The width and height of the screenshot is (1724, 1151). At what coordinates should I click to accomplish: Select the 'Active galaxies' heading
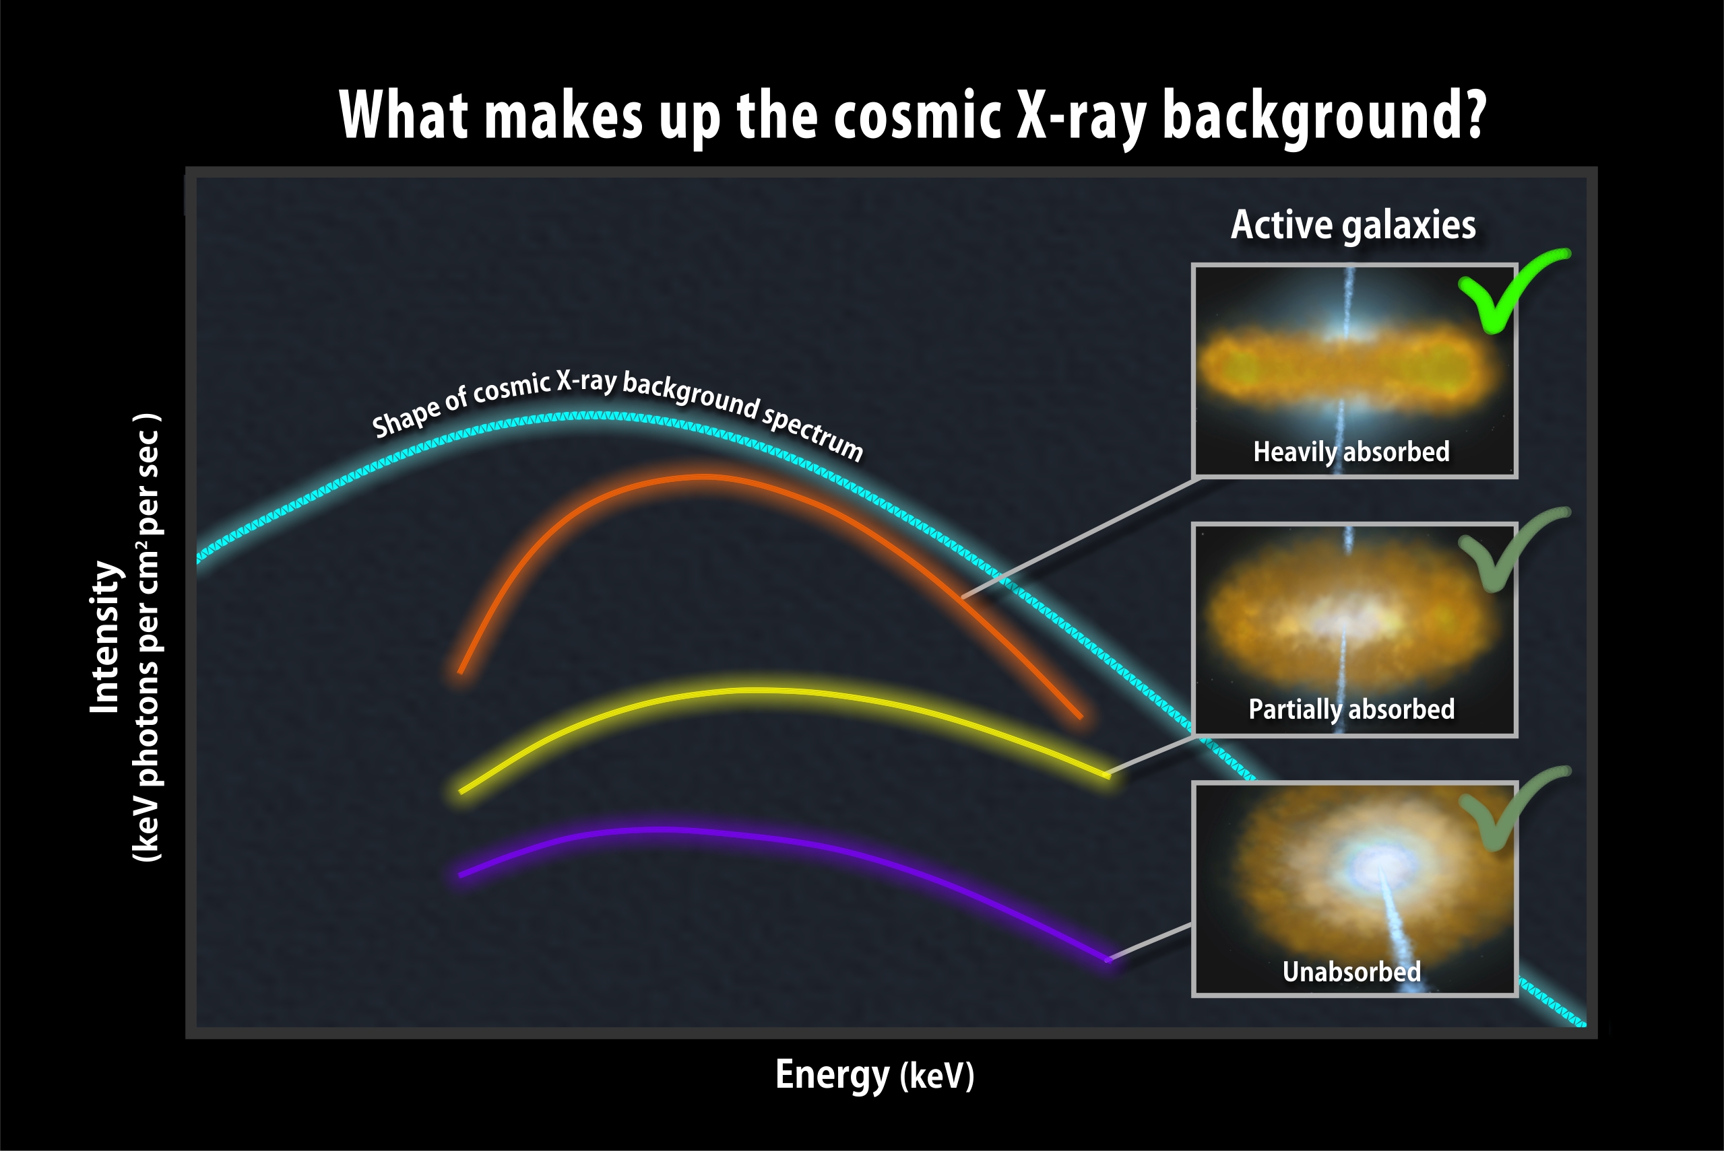click(x=1353, y=225)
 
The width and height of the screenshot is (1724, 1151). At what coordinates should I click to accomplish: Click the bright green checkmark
click(x=1513, y=291)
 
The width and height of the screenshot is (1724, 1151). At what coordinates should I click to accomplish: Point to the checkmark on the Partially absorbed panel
click(x=1513, y=549)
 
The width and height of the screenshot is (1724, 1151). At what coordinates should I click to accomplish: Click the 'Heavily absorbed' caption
click(x=1351, y=452)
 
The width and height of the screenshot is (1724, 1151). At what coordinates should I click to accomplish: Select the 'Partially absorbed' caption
click(x=1351, y=709)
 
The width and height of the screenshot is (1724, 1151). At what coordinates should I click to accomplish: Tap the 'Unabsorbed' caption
click(x=1351, y=971)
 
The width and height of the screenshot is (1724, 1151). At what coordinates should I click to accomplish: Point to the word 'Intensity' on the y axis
click(x=105, y=637)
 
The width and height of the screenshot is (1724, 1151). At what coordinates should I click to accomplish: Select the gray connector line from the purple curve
click(x=1150, y=942)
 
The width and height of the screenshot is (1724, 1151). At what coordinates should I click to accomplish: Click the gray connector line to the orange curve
click(x=1079, y=537)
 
